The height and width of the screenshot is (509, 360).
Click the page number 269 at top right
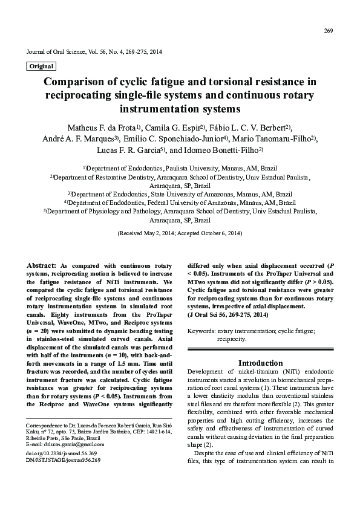click(x=329, y=31)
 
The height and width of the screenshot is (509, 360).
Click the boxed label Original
click(x=41, y=66)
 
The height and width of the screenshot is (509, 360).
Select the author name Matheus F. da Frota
click(x=100, y=128)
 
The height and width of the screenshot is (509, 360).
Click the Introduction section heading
click(x=260, y=363)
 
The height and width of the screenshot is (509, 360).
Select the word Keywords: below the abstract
click(x=202, y=331)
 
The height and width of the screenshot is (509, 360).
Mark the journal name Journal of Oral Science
click(x=58, y=52)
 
